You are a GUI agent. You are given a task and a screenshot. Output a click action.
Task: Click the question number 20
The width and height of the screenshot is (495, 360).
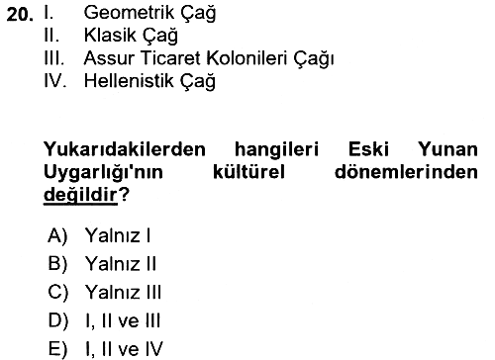coord(20,15)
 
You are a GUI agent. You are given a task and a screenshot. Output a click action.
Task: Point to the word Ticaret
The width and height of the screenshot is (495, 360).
coord(170,58)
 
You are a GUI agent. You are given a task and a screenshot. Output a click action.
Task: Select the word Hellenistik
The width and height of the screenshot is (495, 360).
coord(129,81)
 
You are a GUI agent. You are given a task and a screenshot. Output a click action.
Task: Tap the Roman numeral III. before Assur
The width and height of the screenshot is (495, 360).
coord(54,58)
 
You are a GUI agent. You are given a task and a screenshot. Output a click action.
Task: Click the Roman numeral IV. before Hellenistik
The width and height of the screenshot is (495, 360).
coord(55,81)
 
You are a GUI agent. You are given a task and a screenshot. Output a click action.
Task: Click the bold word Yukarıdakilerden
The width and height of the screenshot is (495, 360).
coord(125,149)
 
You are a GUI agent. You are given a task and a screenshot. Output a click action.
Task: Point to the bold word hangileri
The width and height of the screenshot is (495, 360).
coord(276,150)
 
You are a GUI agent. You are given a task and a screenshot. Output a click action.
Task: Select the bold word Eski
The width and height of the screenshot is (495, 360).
coord(368,149)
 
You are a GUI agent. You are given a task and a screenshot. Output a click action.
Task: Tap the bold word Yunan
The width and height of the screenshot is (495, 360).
coord(447,149)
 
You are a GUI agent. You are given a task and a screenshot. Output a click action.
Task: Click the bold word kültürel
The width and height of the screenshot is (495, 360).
coord(248,172)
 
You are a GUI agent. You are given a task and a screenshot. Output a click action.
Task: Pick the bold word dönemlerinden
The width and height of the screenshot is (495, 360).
coord(406,172)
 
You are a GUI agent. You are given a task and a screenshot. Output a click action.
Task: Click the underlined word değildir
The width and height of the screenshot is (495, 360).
coord(80,196)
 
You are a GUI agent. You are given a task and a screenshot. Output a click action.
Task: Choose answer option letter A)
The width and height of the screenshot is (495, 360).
coord(57,236)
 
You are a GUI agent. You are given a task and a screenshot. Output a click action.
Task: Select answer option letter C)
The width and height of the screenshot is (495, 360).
coord(58,293)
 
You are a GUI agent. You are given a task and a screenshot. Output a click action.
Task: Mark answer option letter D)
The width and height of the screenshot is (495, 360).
coord(58,320)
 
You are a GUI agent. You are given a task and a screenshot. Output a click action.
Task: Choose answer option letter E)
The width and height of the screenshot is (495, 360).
coord(57,349)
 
